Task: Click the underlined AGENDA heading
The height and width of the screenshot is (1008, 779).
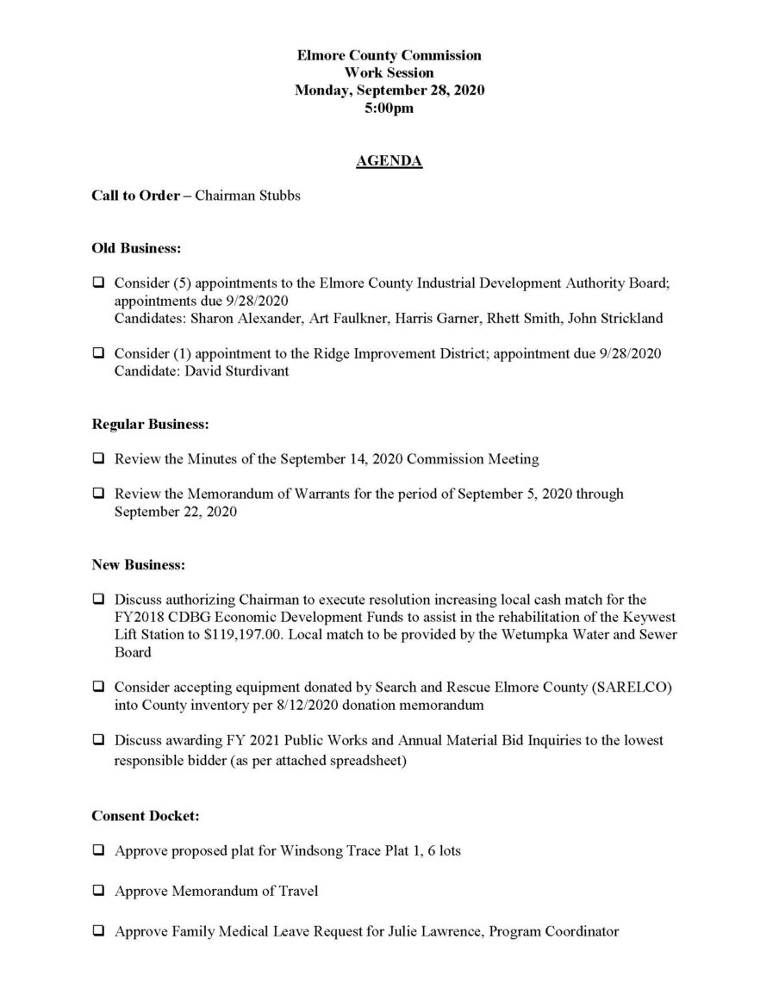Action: pyautogui.click(x=389, y=161)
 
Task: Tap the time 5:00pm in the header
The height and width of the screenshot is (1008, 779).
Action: pyautogui.click(x=389, y=109)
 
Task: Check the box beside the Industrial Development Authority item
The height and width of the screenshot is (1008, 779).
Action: pyautogui.click(x=99, y=283)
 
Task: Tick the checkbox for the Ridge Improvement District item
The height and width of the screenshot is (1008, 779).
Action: pyautogui.click(x=99, y=353)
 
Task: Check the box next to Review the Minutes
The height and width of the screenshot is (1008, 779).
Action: pyautogui.click(x=99, y=459)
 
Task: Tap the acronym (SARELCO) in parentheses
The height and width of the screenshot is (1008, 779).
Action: pyautogui.click(x=620, y=687)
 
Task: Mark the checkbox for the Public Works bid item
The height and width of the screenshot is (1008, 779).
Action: pyautogui.click(x=99, y=740)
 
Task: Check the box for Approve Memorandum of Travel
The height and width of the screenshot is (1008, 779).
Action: pyautogui.click(x=99, y=891)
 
